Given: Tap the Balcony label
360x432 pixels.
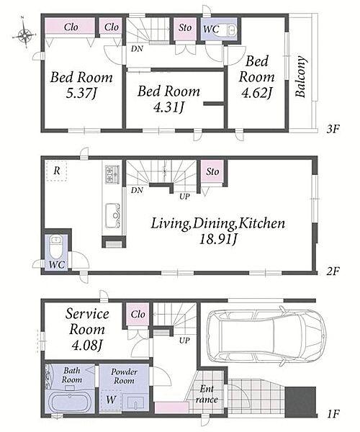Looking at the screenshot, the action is [x=300, y=76].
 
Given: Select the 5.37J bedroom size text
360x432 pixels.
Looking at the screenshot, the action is [x=81, y=94].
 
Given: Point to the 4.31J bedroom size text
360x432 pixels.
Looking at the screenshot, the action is [x=168, y=107].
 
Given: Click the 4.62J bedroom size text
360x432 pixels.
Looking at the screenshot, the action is [x=256, y=93].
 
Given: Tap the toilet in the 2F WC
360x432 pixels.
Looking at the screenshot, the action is [x=56, y=246].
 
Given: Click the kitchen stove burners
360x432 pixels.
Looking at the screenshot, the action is [x=112, y=174].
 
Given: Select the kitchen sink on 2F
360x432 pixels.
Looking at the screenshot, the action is [x=112, y=216].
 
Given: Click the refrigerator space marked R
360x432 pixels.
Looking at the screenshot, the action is [x=56, y=171].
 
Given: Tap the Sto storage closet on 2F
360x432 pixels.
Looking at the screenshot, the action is [x=212, y=171].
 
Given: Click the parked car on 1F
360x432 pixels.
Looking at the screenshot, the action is [x=266, y=336].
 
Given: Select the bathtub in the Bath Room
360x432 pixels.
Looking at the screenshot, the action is [x=71, y=403].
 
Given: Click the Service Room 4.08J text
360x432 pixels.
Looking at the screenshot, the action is [x=87, y=330].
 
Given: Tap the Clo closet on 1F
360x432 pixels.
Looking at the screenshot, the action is [x=138, y=315].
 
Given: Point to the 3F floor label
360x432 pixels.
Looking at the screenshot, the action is [x=333, y=129].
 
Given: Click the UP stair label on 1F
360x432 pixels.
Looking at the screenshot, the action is [x=184, y=341].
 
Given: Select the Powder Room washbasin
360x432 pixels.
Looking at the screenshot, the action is [x=135, y=402].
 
